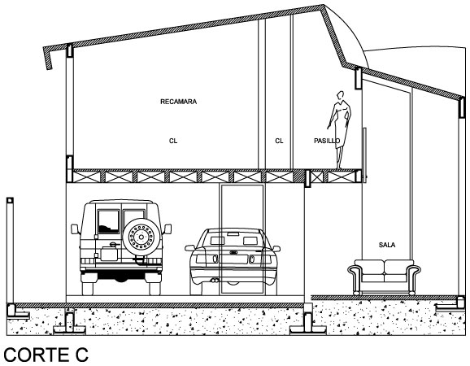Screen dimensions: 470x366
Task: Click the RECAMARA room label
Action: (x=178, y=102)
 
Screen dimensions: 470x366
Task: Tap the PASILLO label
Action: (x=327, y=141)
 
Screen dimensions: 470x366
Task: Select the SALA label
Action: (x=387, y=245)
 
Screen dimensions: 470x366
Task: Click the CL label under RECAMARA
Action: (x=173, y=141)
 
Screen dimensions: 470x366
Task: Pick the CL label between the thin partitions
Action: (x=279, y=141)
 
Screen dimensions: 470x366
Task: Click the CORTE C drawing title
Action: (x=46, y=355)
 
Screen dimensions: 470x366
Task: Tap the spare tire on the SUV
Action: (x=141, y=237)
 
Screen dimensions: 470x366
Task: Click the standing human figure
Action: (x=340, y=130)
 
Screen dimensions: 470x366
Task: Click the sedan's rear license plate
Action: (x=233, y=259)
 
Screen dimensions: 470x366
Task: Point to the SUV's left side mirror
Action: (x=75, y=229)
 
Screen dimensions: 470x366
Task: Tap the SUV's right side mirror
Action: (x=168, y=229)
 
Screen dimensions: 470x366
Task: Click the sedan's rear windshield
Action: (x=233, y=238)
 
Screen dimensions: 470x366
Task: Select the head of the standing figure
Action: (x=340, y=95)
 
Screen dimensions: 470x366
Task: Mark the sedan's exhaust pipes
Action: (x=214, y=281)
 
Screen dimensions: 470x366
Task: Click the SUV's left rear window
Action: (x=108, y=221)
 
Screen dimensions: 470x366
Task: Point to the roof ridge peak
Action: (x=324, y=5)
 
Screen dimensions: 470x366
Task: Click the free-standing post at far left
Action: (x=10, y=251)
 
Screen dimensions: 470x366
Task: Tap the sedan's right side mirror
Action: (x=276, y=249)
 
